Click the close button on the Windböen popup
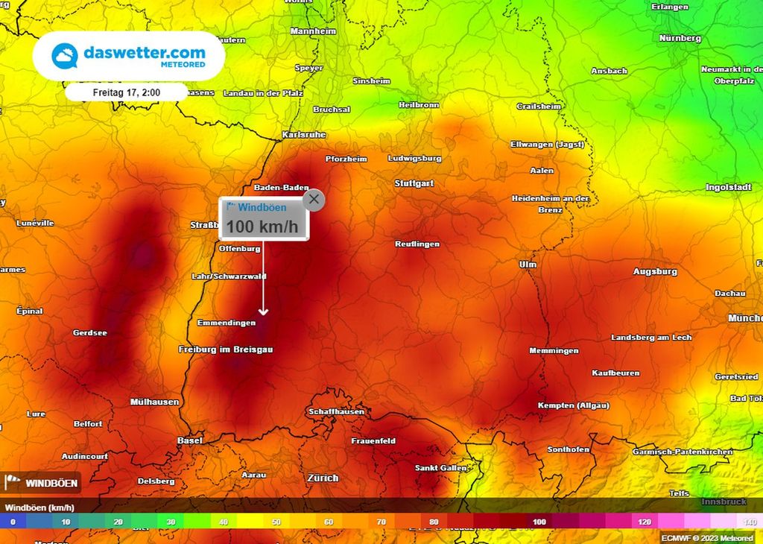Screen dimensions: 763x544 click(314, 199)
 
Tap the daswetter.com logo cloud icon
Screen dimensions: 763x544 click(65, 56)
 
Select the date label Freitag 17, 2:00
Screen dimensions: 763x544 click(126, 92)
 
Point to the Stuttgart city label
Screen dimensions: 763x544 click(414, 183)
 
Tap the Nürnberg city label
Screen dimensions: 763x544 click(680, 38)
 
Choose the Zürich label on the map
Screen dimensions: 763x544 click(323, 478)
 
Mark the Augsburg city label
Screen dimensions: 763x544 click(655, 272)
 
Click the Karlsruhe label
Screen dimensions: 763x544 click(304, 135)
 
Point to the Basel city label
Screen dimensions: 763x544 click(189, 440)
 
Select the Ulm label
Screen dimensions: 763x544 click(528, 265)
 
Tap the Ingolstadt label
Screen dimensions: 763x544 click(727, 188)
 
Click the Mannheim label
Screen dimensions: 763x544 click(313, 31)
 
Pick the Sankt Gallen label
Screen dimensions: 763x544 click(440, 468)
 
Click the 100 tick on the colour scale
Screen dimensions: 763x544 click(539, 522)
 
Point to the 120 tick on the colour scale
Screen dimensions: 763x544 click(644, 522)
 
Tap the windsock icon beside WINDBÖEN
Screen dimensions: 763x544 click(13, 483)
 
